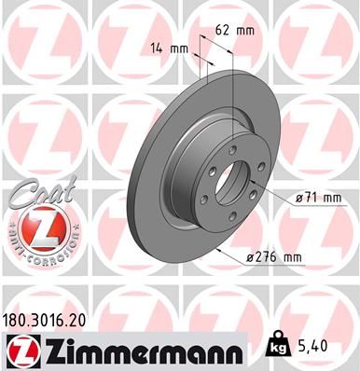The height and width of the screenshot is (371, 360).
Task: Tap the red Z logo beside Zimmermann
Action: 20,351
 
